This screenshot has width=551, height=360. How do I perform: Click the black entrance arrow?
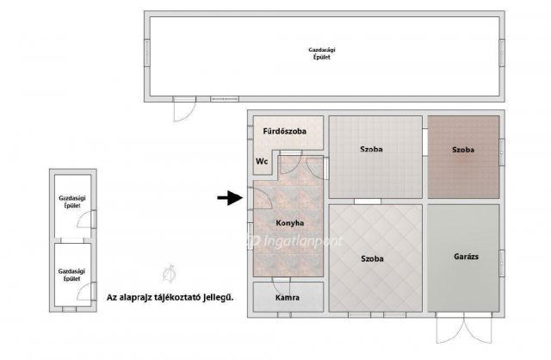pos(230,197)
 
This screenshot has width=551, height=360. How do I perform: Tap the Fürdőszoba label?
pos(285,131)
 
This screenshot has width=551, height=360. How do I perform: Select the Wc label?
pos(262,161)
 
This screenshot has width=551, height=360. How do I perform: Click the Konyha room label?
pos(290,223)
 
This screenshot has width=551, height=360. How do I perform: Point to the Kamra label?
pos(288,297)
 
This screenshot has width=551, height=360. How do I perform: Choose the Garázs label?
pos(466,257)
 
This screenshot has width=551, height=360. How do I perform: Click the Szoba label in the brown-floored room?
pos(463,150)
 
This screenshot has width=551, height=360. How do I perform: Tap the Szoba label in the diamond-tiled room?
pos(372,258)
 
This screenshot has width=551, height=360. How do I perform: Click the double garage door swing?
pos(464,329)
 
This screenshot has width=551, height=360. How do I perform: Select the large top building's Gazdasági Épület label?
pos(322,53)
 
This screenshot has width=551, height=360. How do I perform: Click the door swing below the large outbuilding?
pos(184,110)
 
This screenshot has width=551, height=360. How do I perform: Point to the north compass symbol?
pos(170,274)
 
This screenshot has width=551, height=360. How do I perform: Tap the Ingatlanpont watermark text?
pos(297,241)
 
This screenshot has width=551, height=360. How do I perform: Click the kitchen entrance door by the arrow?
pos(260,199)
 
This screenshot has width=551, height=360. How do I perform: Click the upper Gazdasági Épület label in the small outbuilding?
pos(72,202)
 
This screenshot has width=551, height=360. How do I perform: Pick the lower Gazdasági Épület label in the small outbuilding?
pos(71,275)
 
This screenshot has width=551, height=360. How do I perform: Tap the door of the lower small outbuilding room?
pos(85,292)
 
